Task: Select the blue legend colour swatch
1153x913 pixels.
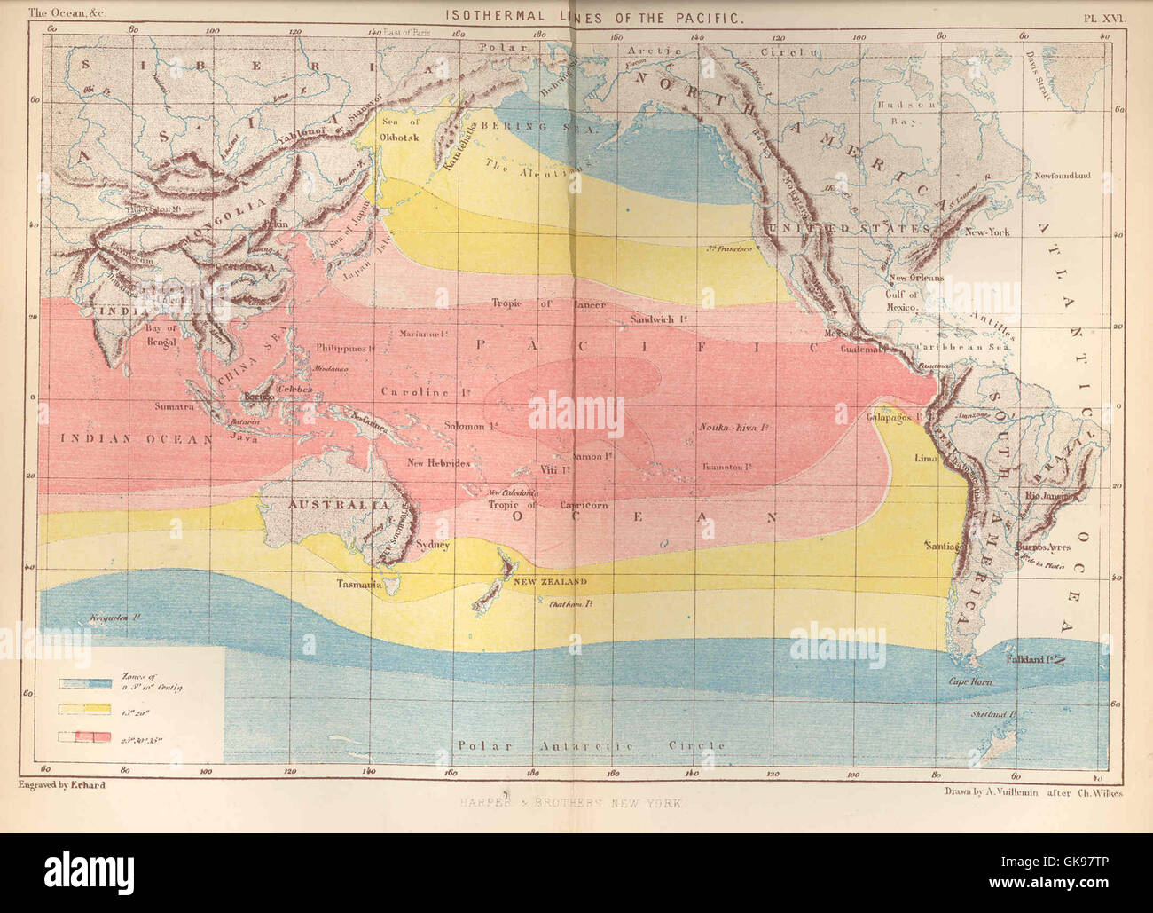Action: pyautogui.click(x=85, y=683)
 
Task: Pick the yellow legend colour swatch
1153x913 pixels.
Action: pyautogui.click(x=85, y=710)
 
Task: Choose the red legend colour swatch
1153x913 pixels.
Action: pyautogui.click(x=85, y=736)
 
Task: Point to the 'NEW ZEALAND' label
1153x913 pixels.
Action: pyautogui.click(x=550, y=581)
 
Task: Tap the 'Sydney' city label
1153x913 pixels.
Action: pyautogui.click(x=433, y=545)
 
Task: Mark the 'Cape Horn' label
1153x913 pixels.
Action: pyautogui.click(x=970, y=681)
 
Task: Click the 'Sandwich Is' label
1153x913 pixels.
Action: pyautogui.click(x=658, y=319)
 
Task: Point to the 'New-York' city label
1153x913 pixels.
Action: pyautogui.click(x=987, y=232)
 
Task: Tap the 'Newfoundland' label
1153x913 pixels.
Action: pyautogui.click(x=1062, y=176)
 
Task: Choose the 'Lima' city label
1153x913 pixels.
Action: pyautogui.click(x=925, y=459)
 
